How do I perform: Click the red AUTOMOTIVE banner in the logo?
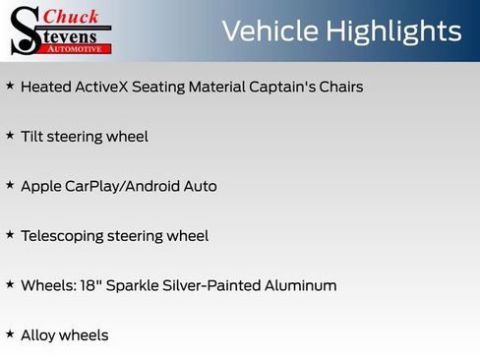tap(83, 48)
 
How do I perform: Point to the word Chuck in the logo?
tap(72, 16)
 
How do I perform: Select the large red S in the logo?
tap(25, 30)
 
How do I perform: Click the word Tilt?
tap(31, 137)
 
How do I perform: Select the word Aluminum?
tap(302, 285)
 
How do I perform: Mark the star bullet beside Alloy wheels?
tap(10, 333)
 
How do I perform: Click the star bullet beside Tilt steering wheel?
tap(10, 135)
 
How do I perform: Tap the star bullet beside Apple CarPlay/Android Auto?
tap(10, 184)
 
